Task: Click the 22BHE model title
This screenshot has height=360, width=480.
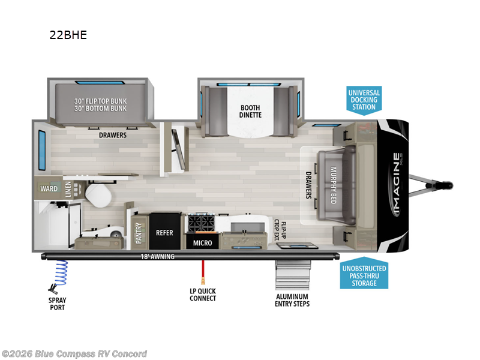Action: pyautogui.click(x=68, y=35)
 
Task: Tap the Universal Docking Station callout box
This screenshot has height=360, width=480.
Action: pyautogui.click(x=364, y=99)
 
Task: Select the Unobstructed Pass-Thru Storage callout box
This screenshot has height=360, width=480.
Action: pyautogui.click(x=364, y=275)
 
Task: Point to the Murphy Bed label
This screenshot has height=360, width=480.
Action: pyautogui.click(x=334, y=185)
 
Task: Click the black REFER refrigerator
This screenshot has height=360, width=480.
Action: pyautogui.click(x=164, y=232)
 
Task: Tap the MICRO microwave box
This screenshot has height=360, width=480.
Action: pyautogui.click(x=201, y=242)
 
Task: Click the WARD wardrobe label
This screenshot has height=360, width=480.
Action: pyautogui.click(x=49, y=189)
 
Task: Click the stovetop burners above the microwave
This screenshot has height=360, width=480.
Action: pyautogui.click(x=202, y=223)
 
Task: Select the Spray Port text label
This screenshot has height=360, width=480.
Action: pyautogui.click(x=58, y=303)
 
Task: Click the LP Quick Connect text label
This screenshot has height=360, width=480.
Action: pyautogui.click(x=203, y=295)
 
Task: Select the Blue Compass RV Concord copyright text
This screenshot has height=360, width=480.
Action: pyautogui.click(x=75, y=354)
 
